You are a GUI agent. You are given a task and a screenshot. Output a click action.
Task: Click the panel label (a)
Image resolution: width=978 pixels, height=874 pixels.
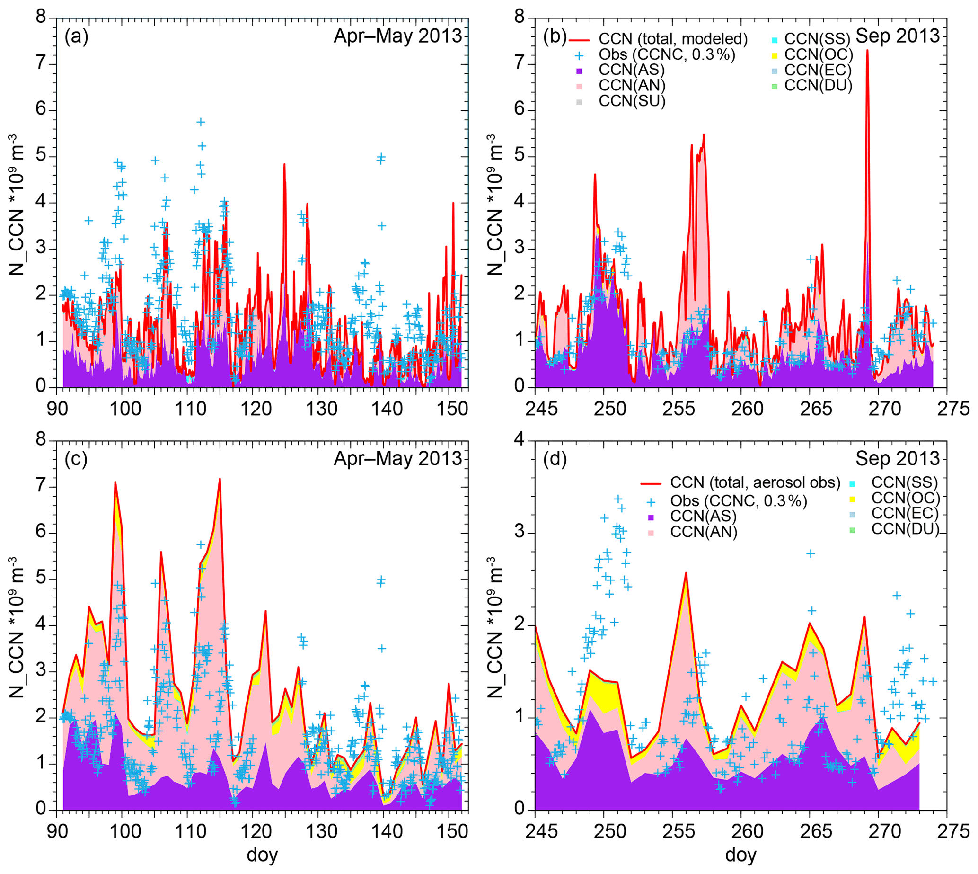(76, 37)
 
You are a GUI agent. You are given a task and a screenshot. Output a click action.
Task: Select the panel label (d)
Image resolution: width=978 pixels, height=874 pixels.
(555, 460)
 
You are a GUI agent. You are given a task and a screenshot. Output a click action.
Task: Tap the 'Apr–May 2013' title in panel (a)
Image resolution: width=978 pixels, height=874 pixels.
(397, 36)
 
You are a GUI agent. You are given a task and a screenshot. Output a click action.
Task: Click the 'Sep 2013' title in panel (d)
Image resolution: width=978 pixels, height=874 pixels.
(897, 459)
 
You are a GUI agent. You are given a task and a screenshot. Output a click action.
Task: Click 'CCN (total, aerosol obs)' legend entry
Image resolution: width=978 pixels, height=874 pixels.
(755, 482)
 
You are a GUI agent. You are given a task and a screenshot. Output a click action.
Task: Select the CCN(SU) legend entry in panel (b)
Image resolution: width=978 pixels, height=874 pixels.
(632, 101)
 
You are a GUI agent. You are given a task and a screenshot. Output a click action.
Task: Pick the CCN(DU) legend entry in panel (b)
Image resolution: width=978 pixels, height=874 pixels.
(818, 86)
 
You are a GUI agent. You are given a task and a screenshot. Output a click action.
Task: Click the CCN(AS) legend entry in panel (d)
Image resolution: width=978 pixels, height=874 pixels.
(703, 516)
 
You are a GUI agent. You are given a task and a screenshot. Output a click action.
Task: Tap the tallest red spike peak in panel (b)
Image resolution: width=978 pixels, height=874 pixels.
(867, 50)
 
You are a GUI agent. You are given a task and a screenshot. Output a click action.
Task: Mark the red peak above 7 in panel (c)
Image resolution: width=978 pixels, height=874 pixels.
(220, 479)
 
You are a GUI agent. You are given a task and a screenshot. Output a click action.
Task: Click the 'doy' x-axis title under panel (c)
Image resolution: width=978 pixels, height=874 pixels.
(262, 855)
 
